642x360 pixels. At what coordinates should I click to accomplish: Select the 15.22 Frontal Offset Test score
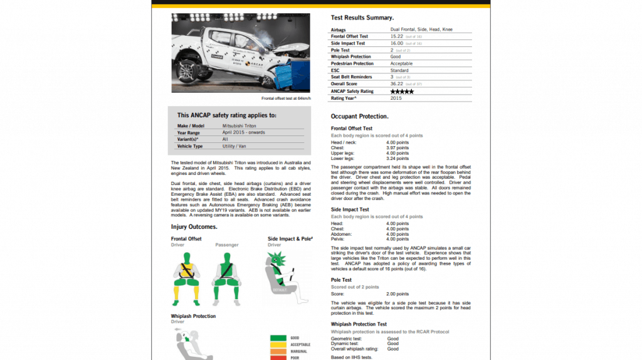[x=396, y=36]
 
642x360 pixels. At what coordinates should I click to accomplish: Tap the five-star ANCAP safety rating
[x=402, y=92]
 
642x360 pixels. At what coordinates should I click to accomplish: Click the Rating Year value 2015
[x=396, y=98]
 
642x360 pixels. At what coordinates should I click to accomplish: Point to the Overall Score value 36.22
[x=396, y=84]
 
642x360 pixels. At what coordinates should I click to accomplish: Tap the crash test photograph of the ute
[x=241, y=53]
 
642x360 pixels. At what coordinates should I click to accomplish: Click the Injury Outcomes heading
[x=194, y=227]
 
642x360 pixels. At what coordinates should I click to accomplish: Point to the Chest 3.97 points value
[x=397, y=148]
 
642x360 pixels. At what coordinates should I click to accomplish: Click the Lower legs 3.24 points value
[x=397, y=159]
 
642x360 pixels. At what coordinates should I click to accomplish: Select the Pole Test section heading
[x=341, y=280]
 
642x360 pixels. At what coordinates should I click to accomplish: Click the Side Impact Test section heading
[x=350, y=209]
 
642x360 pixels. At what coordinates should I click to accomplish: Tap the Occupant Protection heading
[x=359, y=117]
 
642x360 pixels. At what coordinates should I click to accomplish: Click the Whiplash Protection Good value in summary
[x=395, y=57]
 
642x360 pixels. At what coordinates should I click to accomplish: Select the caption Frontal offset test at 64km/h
[x=285, y=98]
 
